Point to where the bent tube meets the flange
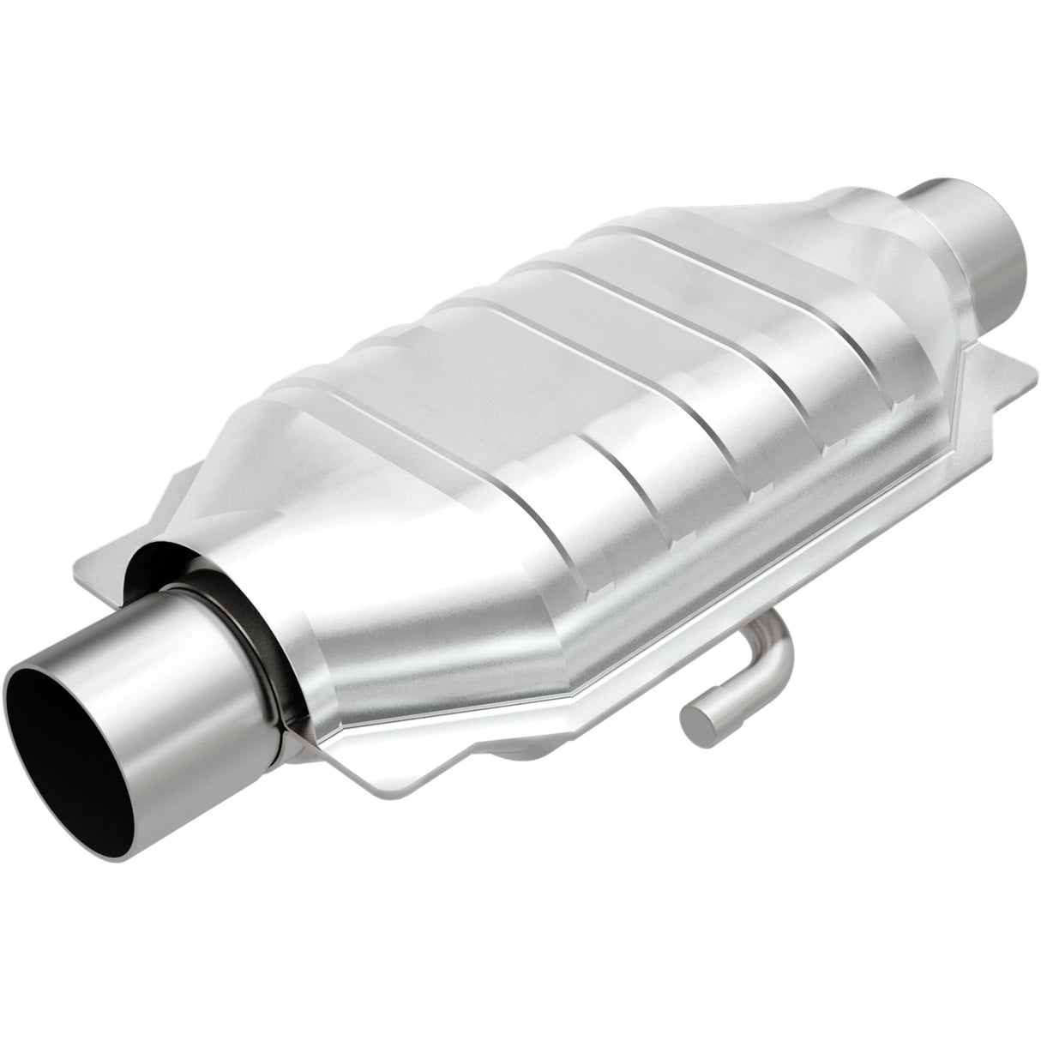(780, 617)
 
